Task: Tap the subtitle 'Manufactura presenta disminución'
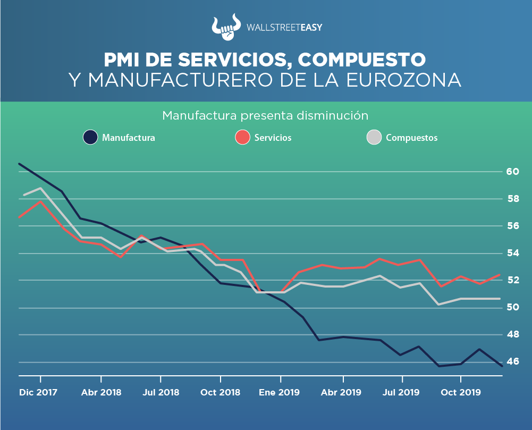tap(265, 115)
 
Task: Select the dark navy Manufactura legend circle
tap(90, 138)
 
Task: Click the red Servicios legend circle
tap(242, 138)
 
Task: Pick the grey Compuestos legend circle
tap(374, 138)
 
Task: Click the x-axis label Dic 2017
tap(38, 393)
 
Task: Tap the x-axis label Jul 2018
tap(161, 393)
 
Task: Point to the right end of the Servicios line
tap(500, 275)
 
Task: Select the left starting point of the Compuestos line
tap(23, 196)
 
